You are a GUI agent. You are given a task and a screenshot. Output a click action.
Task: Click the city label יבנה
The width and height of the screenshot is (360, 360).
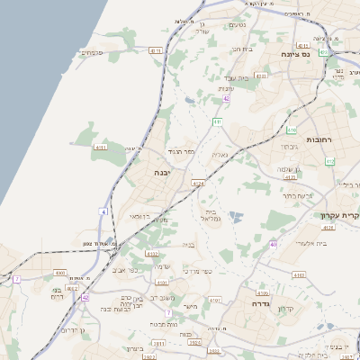[163, 172]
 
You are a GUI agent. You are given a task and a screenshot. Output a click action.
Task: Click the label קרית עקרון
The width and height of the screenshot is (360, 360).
[339, 215]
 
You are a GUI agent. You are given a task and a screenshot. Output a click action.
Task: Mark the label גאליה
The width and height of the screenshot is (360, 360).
[220, 155]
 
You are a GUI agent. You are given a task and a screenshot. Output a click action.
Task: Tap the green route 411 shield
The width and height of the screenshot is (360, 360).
[218, 121]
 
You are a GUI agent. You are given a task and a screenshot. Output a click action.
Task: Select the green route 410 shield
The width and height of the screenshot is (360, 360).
[292, 130]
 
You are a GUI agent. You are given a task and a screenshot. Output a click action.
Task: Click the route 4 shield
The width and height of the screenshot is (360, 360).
[103, 211]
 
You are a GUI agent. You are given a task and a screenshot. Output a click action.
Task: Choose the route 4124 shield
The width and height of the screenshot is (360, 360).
[198, 183]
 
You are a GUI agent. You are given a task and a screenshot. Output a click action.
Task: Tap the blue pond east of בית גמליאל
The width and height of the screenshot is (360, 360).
[236, 216]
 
